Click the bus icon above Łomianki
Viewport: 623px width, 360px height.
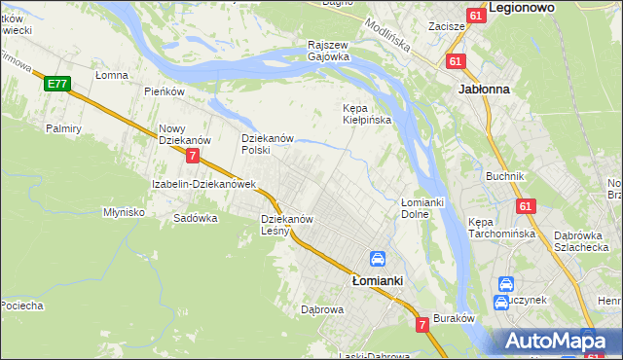pyautogui.click(x=377, y=260)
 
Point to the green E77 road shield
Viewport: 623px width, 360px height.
pyautogui.click(x=56, y=85)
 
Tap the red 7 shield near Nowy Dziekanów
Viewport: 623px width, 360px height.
pyautogui.click(x=194, y=156)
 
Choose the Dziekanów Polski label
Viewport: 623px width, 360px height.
pyautogui.click(x=268, y=144)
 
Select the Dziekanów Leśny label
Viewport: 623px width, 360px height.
pyautogui.click(x=286, y=226)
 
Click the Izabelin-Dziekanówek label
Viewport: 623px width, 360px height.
pyautogui.click(x=202, y=184)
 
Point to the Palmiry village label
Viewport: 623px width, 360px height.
pyautogui.click(x=62, y=127)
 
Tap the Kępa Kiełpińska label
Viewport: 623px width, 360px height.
pyautogui.click(x=366, y=114)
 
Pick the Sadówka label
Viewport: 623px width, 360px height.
pyautogui.click(x=195, y=218)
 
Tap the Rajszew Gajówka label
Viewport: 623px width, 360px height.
pyautogui.click(x=328, y=51)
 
